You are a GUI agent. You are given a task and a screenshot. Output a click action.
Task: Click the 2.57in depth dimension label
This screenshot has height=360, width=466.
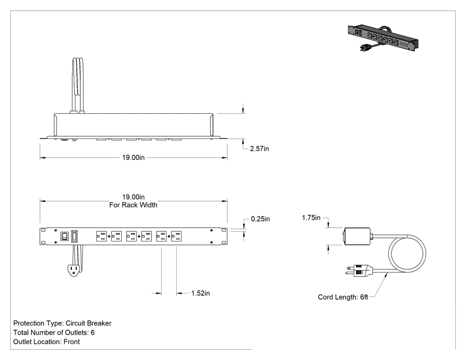tap(259, 149)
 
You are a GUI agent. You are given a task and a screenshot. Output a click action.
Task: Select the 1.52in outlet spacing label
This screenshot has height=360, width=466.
tap(200, 293)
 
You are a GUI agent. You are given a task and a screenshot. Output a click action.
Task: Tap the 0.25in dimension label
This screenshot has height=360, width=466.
tap(261, 219)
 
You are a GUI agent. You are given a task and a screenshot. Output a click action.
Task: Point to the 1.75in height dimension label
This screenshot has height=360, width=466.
tap(311, 218)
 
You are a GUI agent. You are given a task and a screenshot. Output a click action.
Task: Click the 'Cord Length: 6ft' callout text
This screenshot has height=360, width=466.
tap(343, 297)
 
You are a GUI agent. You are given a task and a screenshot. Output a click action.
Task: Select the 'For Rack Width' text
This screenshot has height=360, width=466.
tap(133, 205)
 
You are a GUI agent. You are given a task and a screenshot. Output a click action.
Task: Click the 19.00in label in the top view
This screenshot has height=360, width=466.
tap(134, 158)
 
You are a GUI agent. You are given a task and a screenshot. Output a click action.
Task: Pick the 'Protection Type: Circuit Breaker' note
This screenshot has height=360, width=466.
tap(63, 324)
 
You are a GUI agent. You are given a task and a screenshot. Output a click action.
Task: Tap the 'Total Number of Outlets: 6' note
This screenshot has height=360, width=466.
tap(54, 332)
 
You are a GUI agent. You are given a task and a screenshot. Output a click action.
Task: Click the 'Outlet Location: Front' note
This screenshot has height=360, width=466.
tap(46, 342)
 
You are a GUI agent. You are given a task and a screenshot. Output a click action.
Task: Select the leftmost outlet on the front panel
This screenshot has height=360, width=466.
tap(101, 236)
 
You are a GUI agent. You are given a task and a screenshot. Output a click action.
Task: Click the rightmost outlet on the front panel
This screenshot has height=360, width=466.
tap(176, 236)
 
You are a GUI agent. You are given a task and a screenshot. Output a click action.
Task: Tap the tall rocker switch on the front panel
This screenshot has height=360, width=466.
tap(74, 236)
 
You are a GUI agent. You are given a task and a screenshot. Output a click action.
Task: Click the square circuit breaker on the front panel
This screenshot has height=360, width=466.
tap(64, 236)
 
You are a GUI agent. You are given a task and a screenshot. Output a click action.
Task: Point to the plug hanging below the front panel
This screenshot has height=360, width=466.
tap(73, 270)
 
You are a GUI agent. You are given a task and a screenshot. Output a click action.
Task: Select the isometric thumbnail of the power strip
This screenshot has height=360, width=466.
tap(383, 38)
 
